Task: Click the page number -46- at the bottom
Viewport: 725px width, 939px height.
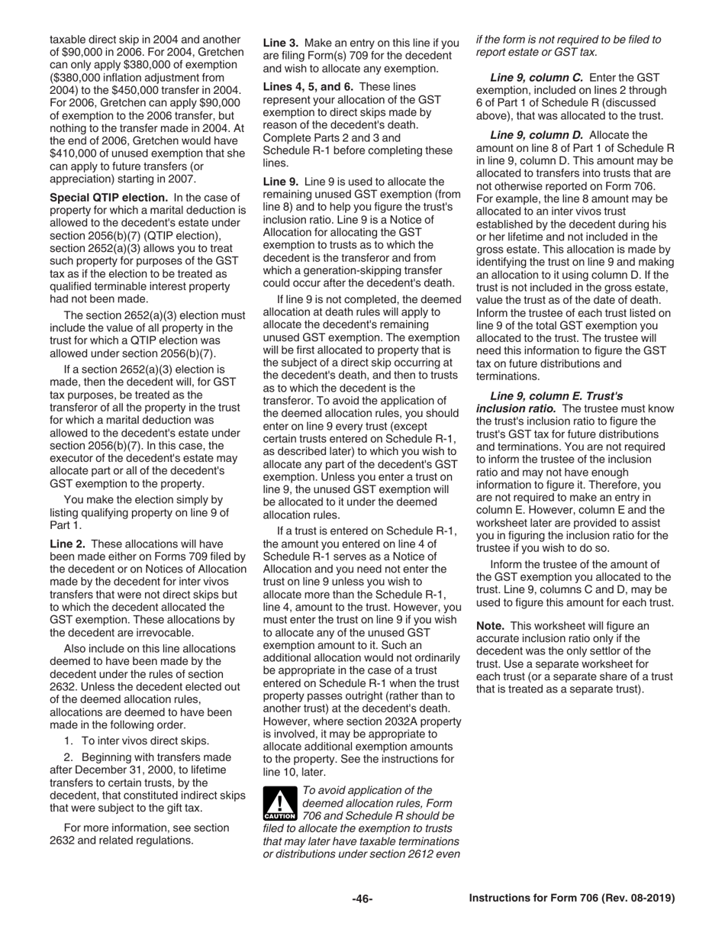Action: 362,899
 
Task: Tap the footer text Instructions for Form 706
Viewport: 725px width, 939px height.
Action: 572,899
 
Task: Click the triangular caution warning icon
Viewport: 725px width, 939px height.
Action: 280,804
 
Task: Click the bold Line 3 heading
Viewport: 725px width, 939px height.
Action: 281,43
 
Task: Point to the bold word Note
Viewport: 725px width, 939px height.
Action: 491,625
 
